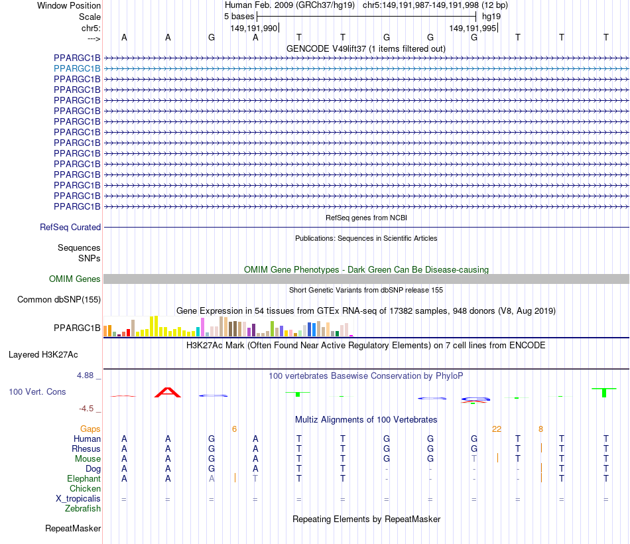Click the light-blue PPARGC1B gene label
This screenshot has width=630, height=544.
point(78,68)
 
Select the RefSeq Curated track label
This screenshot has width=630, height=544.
point(70,227)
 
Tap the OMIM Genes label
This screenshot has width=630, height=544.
point(74,279)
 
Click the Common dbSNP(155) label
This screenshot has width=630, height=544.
point(58,300)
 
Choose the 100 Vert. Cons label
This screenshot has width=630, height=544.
point(37,392)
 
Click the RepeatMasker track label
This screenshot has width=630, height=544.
point(73,529)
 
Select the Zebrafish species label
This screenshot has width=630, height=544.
point(83,509)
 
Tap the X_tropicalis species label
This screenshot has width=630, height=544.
point(78,499)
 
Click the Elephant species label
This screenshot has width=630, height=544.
point(84,479)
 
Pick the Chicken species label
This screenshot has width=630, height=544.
point(85,489)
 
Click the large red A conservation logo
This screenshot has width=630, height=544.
point(167,392)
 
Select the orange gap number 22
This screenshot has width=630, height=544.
point(496,429)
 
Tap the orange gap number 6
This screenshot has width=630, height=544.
point(234,429)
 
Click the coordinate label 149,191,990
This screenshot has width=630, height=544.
point(253,29)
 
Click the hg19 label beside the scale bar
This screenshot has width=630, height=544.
point(491,16)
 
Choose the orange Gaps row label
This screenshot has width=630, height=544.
point(90,429)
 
